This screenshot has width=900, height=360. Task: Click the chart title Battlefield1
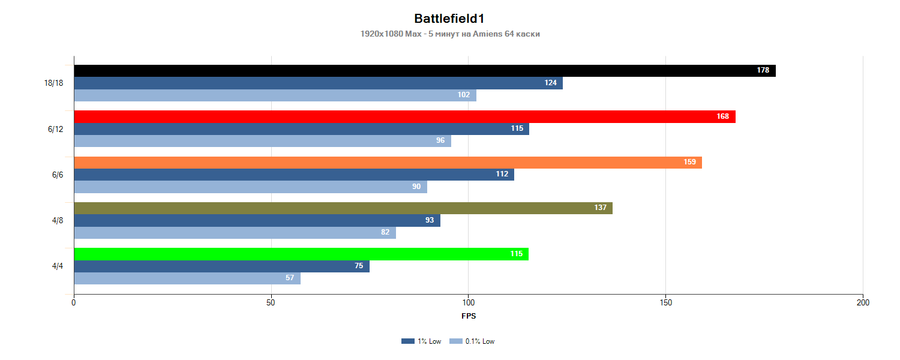pyautogui.click(x=449, y=19)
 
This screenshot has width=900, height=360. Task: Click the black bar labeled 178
pyautogui.click(x=424, y=71)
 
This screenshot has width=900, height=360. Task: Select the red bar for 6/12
pyautogui.click(x=404, y=116)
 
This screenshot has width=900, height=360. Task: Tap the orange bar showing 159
pyautogui.click(x=388, y=163)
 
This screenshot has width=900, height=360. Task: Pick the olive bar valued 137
pyautogui.click(x=343, y=208)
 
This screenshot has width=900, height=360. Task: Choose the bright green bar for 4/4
pyautogui.click(x=301, y=254)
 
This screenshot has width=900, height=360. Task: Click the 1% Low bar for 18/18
pyautogui.click(x=318, y=83)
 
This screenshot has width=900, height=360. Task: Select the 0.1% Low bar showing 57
pyautogui.click(x=187, y=278)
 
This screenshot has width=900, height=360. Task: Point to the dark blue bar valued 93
pyautogui.click(x=257, y=220)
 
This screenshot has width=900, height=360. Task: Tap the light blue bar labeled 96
pyautogui.click(x=262, y=140)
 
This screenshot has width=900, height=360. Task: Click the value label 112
pyautogui.click(x=502, y=175)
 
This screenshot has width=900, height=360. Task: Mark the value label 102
pyautogui.click(x=464, y=95)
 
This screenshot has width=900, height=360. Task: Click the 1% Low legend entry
pyautogui.click(x=421, y=341)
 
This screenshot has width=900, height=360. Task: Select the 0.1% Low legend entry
pyautogui.click(x=472, y=341)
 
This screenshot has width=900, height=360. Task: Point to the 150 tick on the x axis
pyautogui.click(x=665, y=303)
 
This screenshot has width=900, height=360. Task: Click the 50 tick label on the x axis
pyautogui.click(x=271, y=303)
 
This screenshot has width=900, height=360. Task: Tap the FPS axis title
pyautogui.click(x=469, y=316)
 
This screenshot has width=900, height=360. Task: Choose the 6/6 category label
pyautogui.click(x=58, y=175)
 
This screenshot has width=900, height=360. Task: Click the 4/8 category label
pyautogui.click(x=58, y=221)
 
